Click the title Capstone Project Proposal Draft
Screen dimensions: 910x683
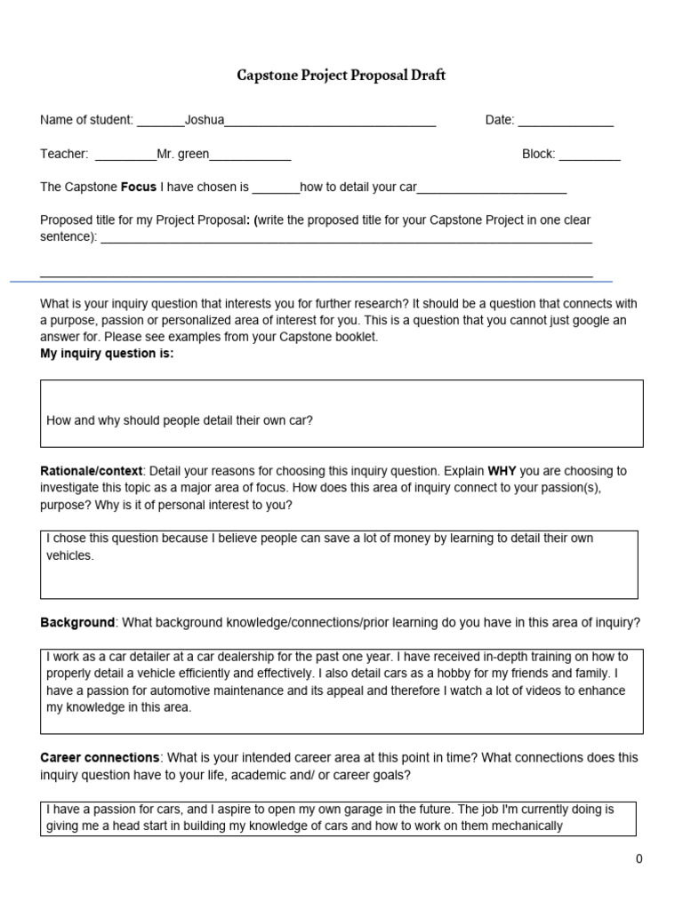[x=341, y=76]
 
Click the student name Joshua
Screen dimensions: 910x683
[x=204, y=120]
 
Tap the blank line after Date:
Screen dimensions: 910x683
[x=566, y=121]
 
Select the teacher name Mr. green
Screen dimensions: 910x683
[x=182, y=154]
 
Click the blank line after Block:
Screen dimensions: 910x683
[x=590, y=155]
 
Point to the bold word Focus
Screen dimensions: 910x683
[x=138, y=188]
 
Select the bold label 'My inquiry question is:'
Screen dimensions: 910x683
[x=107, y=354]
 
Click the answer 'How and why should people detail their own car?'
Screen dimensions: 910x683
[x=180, y=420]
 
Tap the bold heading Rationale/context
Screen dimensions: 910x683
[x=91, y=471]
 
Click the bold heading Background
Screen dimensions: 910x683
[x=77, y=622]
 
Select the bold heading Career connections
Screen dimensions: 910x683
[x=100, y=758]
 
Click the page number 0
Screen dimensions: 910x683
[x=639, y=858]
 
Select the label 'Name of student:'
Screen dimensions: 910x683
[x=86, y=121]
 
